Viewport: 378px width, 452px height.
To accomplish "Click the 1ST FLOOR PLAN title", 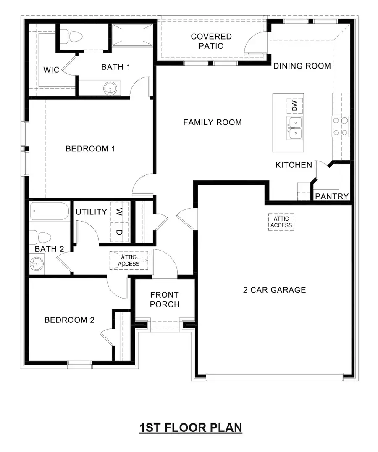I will click(x=191, y=428).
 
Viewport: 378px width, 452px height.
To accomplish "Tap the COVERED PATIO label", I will click(x=211, y=41).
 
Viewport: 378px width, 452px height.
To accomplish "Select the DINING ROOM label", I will click(x=302, y=66).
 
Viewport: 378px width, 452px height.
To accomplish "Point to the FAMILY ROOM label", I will click(x=212, y=122).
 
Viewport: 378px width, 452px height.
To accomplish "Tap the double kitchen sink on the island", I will click(x=295, y=128).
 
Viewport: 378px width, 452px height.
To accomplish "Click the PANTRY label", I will click(x=332, y=196).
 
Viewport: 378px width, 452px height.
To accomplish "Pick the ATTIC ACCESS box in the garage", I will click(x=281, y=222).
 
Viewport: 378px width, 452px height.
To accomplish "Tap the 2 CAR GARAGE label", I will click(x=274, y=290).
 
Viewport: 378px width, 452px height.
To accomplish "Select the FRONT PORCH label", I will click(x=165, y=299).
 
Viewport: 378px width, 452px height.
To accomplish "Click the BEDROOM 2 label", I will click(x=69, y=320).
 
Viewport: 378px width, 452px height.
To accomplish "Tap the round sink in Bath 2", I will click(x=37, y=265).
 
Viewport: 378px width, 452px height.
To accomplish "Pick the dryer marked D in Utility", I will click(x=119, y=232).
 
